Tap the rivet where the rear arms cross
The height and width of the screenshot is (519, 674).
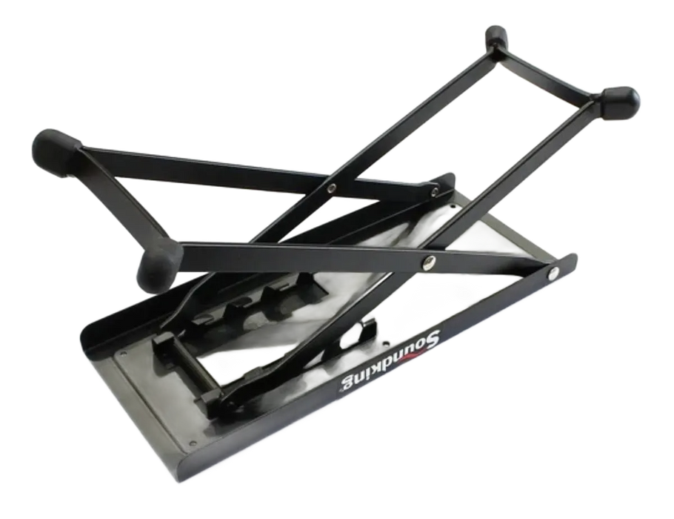coord(331,188)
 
